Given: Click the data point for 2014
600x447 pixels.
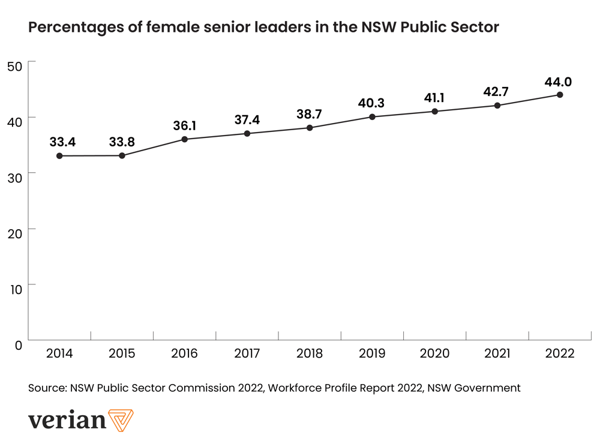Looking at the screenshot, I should coord(59,156).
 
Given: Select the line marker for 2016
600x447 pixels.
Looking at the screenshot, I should coord(184,139).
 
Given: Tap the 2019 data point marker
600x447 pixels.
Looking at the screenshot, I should coord(372,117).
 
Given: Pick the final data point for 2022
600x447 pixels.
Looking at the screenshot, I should coord(560,95).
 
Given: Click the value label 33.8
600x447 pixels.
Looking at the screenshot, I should coord(122,143).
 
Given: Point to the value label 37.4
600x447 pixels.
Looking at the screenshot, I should coord(247,120).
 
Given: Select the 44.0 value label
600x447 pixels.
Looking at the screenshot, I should coord(560,82).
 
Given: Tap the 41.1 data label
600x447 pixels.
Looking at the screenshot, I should coord(434,98).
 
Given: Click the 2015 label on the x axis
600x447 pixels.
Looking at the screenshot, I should coord(122,353).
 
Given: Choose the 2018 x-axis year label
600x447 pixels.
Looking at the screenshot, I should coord(310,353).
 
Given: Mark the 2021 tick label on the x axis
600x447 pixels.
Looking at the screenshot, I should coord(497,353).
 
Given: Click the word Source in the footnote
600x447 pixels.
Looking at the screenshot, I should coord(47,388).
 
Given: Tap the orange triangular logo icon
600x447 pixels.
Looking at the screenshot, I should coord(122,419).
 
